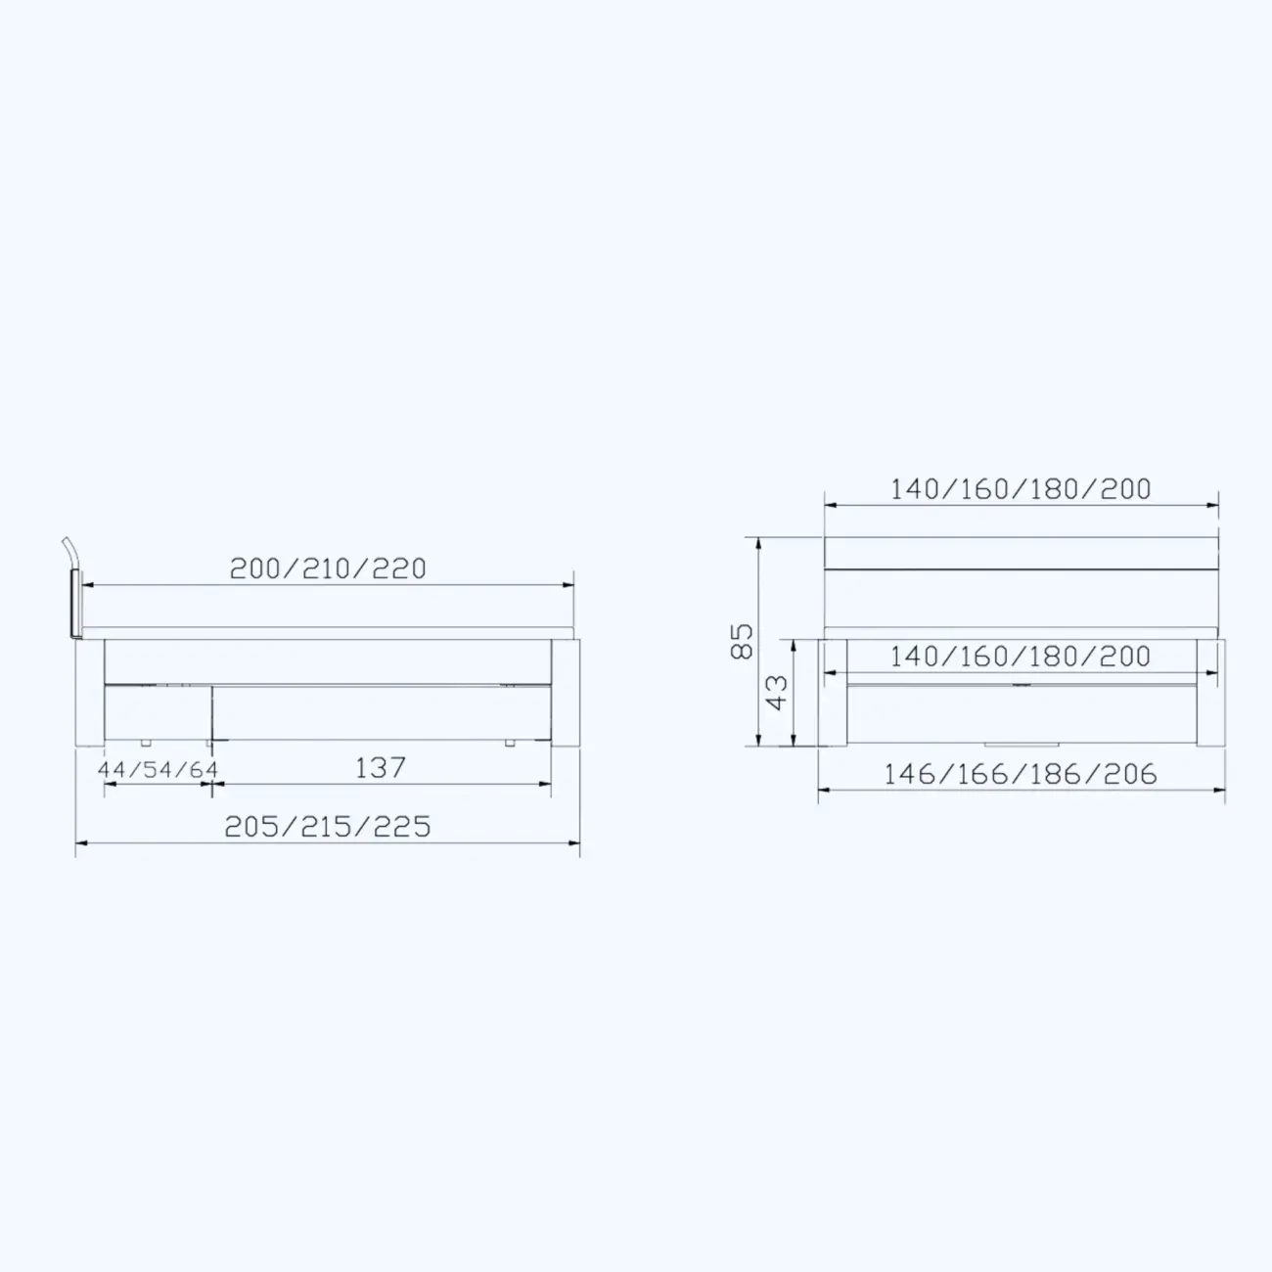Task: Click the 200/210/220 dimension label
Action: pos(328,568)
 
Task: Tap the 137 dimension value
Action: pos(380,768)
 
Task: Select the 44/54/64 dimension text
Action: pos(158,770)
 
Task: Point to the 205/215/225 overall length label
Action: pos(328,827)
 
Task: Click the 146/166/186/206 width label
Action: pos(1021,775)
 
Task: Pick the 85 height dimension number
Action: pos(743,641)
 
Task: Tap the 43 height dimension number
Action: pos(776,692)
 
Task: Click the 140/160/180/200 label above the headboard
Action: pos(1021,489)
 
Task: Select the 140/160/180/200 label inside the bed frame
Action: pos(1021,657)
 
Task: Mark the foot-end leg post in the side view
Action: pos(566,693)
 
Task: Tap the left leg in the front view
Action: pos(833,693)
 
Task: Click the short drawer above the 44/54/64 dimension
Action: pos(157,711)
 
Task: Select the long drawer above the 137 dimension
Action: pos(382,711)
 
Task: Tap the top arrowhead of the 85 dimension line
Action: pos(758,541)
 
